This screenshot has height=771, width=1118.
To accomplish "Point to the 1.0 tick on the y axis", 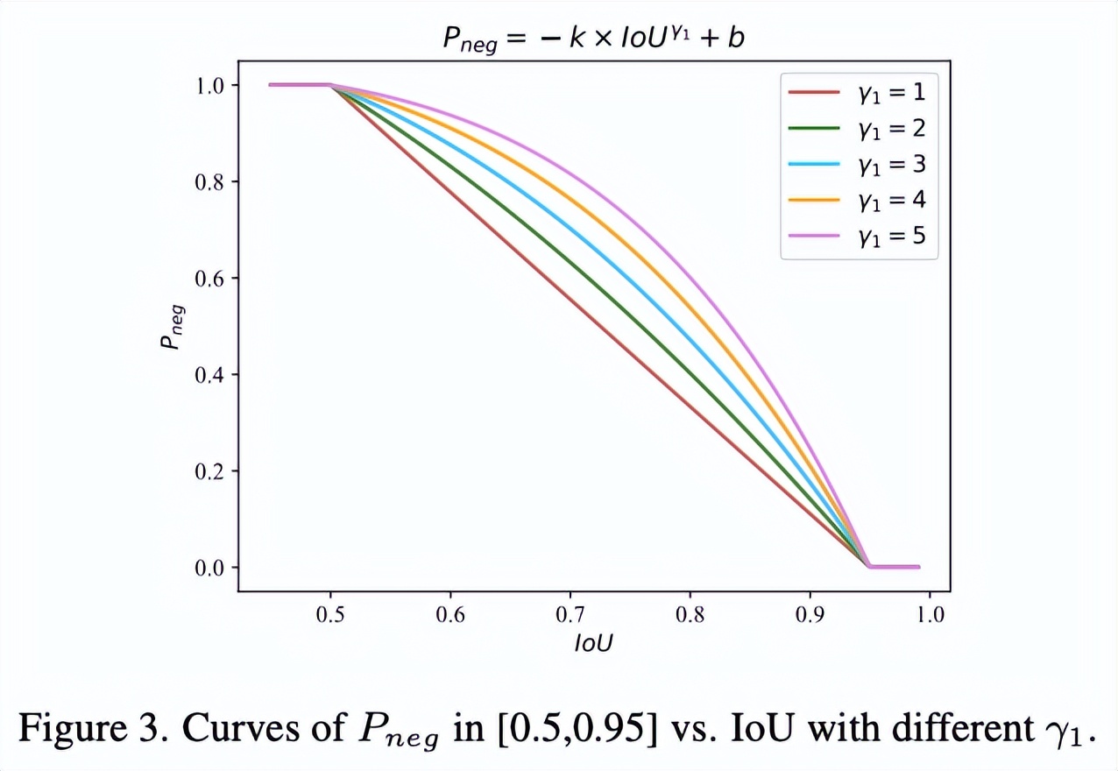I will pos(211,86).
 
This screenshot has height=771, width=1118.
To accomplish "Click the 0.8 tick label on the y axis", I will pos(211,182).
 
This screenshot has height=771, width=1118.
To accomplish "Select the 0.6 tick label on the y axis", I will pos(211,279).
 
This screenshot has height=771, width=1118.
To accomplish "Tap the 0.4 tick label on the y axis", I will pos(211,375).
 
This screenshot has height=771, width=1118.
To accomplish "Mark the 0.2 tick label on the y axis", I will pos(211,471).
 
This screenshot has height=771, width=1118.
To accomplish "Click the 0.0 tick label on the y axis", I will pos(211,568).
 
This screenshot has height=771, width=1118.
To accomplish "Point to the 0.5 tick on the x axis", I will pos(330,614).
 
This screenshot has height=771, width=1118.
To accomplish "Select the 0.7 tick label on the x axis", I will pos(570,614).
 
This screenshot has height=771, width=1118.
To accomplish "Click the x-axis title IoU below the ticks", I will pos(593,644).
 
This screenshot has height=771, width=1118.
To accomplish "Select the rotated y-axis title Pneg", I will pos(170,326).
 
